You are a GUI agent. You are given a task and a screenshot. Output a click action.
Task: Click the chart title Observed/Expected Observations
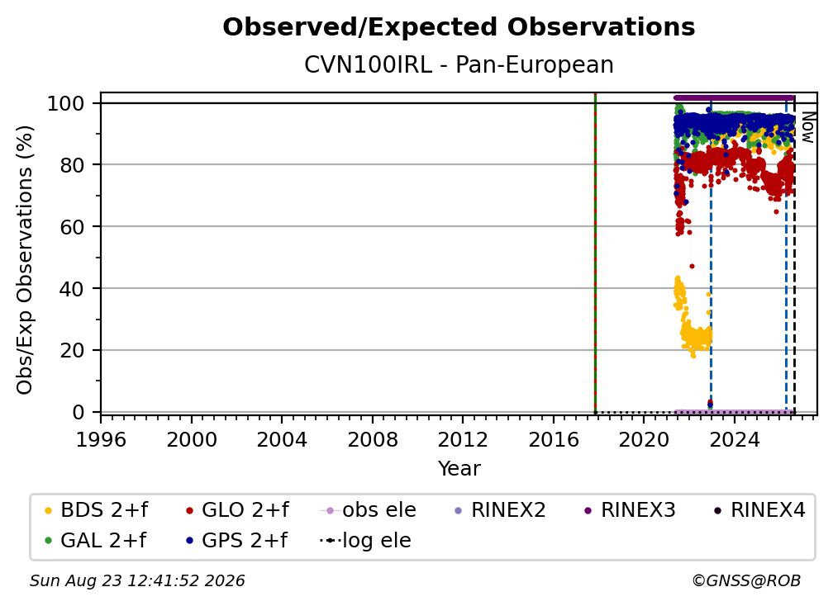coord(459,27)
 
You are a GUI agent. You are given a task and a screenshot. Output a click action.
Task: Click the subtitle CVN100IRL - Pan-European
coord(459,64)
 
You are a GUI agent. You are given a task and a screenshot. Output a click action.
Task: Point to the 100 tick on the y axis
coord(73,103)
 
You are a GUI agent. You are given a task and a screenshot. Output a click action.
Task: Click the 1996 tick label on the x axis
coord(101,439)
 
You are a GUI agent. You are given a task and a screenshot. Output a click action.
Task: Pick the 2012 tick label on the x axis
coord(463,439)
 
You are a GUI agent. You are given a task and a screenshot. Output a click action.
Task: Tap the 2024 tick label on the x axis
coord(734,439)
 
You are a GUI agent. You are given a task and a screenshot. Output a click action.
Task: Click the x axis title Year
coord(459,469)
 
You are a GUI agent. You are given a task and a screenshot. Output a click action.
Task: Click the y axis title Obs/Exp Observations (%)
coord(25,259)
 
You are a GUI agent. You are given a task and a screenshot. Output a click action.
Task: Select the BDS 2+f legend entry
coord(96,510)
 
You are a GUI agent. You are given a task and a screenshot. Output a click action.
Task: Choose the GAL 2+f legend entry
coord(95,540)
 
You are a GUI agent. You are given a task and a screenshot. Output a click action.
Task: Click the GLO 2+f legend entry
coord(237,510)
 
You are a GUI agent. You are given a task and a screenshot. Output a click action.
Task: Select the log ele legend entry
coord(365,540)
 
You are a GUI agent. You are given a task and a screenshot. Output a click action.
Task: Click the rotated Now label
coord(807,127)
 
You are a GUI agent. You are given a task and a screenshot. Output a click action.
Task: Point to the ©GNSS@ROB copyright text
coord(746,580)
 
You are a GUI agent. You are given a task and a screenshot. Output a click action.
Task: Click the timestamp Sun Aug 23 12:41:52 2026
coord(137,580)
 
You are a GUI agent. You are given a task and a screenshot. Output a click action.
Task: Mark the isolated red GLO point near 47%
coord(692,267)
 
